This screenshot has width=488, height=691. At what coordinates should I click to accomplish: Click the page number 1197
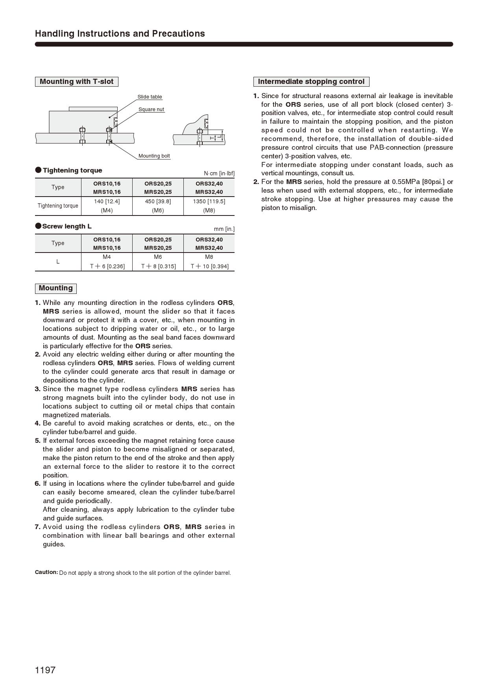pyautogui.click(x=45, y=670)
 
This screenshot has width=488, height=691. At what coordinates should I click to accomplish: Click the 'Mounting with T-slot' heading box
pyautogui.click(x=76, y=82)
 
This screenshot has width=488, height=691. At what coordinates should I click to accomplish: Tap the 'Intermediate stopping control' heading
pyautogui.click(x=311, y=82)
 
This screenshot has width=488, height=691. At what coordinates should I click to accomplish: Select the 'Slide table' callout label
pyautogui.click(x=150, y=97)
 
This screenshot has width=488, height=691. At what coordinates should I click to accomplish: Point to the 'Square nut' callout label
pyautogui.click(x=151, y=110)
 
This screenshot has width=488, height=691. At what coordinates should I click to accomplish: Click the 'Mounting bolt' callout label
pyautogui.click(x=154, y=156)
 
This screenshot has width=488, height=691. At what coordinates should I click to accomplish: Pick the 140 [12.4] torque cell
pyautogui.click(x=107, y=201)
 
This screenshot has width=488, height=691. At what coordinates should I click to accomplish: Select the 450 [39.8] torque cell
pyautogui.click(x=158, y=201)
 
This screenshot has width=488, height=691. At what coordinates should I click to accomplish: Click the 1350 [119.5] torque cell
pyautogui.click(x=209, y=201)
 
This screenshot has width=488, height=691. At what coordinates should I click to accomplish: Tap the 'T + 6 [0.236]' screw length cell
pyautogui.click(x=107, y=266)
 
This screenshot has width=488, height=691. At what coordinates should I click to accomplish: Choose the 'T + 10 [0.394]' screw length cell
pyautogui.click(x=209, y=266)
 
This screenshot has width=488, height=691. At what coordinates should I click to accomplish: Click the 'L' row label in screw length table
pyautogui.click(x=58, y=262)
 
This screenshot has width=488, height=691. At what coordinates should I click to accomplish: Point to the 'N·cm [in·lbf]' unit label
pyautogui.click(x=219, y=173)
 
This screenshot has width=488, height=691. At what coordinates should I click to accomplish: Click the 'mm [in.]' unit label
pyautogui.click(x=224, y=229)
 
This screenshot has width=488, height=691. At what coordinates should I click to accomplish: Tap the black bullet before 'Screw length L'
pyautogui.click(x=38, y=226)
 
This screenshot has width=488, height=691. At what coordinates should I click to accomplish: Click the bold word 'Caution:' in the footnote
pyautogui.click(x=46, y=572)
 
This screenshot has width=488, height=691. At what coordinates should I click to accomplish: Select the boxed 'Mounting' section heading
pyautogui.click(x=55, y=288)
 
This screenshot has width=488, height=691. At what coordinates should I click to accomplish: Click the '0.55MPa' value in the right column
pyautogui.click(x=405, y=182)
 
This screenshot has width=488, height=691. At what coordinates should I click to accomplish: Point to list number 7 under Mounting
pyautogui.click(x=38, y=527)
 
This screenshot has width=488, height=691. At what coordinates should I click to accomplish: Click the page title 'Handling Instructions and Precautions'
pyautogui.click(x=120, y=33)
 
